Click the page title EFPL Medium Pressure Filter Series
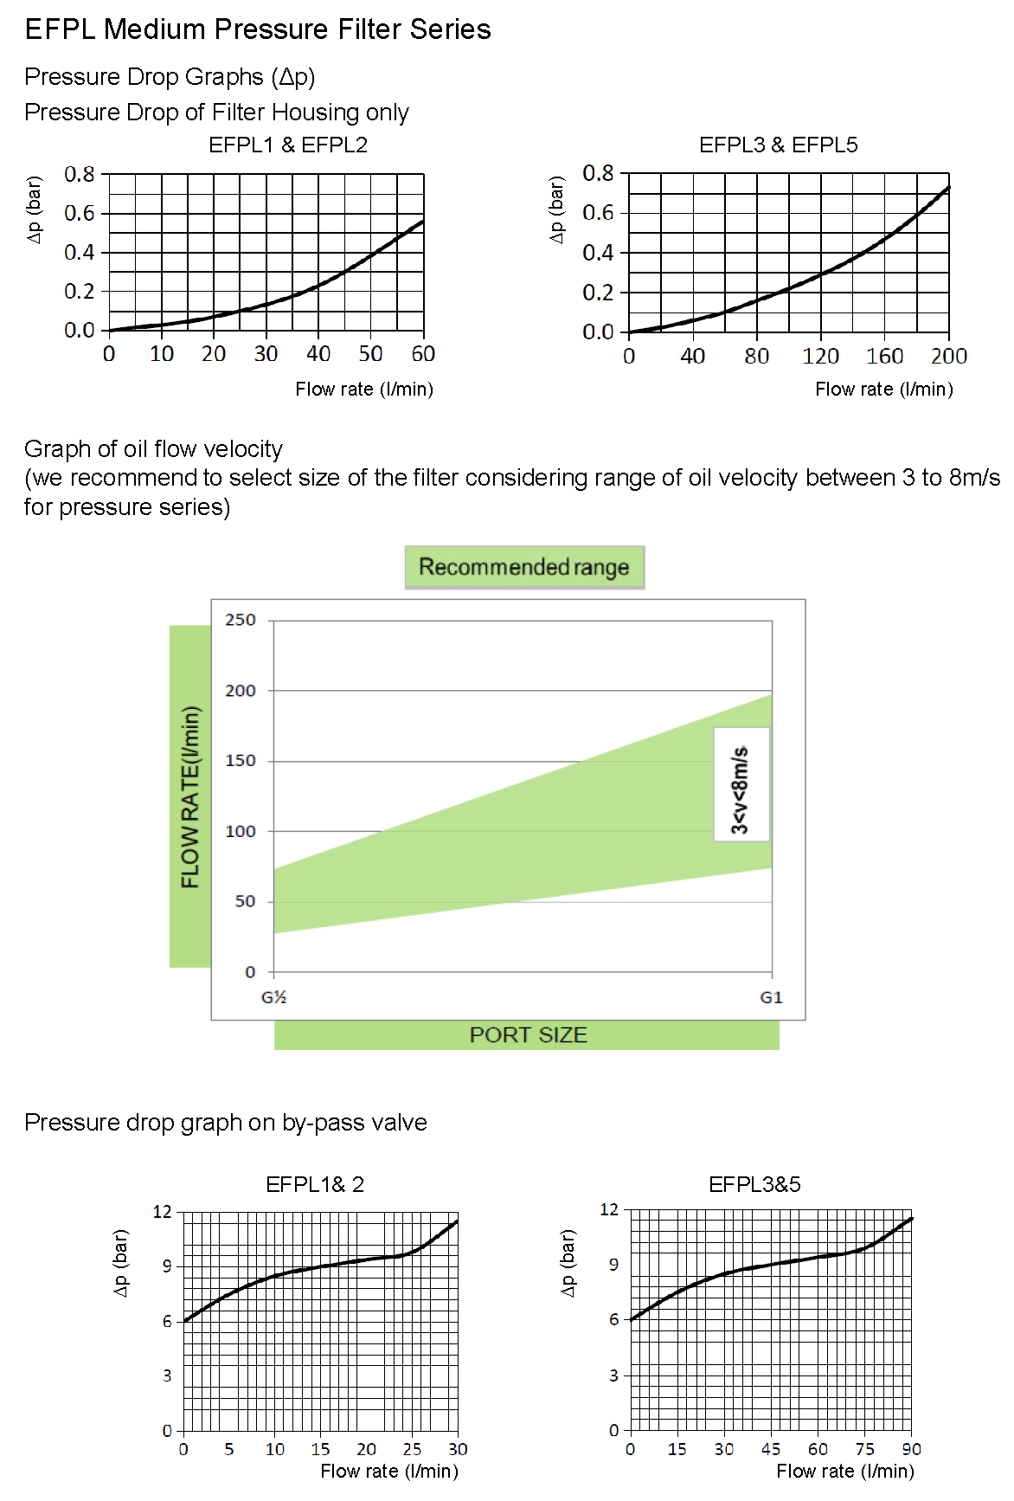pyautogui.click(x=258, y=29)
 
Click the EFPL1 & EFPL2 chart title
pyautogui.click(x=288, y=145)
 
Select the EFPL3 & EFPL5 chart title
pyautogui.click(x=778, y=145)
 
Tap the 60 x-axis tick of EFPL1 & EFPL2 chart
pyautogui.click(x=423, y=354)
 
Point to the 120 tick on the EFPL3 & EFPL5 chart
pyautogui.click(x=820, y=356)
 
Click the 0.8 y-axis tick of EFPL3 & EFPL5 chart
pyautogui.click(x=598, y=173)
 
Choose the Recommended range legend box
pyautogui.click(x=524, y=567)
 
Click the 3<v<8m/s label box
pyautogui.click(x=741, y=783)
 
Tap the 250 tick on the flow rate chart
pyautogui.click(x=241, y=620)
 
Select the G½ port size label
pyautogui.click(x=273, y=997)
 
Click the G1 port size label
pyautogui.click(x=771, y=997)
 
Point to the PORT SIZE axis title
pyautogui.click(x=528, y=1035)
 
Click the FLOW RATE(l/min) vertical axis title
pyautogui.click(x=190, y=796)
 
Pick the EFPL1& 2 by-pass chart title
pyautogui.click(x=315, y=1184)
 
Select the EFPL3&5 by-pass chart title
pyautogui.click(x=754, y=1184)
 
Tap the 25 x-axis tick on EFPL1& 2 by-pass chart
pyautogui.click(x=412, y=1449)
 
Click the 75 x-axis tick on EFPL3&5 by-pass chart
pyautogui.click(x=864, y=1449)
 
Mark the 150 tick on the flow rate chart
pyautogui.click(x=241, y=761)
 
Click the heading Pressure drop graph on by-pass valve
pyautogui.click(x=226, y=1123)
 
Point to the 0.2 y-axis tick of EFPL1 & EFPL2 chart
pyautogui.click(x=80, y=291)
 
